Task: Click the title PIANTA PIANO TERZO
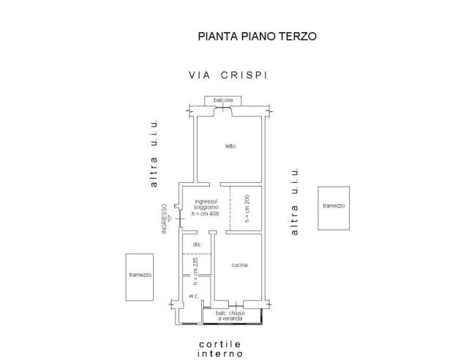point(257,36)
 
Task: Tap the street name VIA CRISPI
point(227,75)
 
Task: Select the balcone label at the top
point(224,100)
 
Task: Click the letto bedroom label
point(230,146)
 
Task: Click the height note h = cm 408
point(205,214)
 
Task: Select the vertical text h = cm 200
point(247,208)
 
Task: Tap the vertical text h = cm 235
point(196,271)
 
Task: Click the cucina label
point(240,265)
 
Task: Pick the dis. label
point(197,244)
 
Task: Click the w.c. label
point(193,296)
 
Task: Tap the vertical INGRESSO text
point(165,218)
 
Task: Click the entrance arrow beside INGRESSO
point(170,218)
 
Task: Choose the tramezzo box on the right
point(334,208)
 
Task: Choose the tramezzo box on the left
point(139,277)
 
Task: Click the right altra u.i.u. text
point(295,201)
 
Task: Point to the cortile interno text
point(220,349)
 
